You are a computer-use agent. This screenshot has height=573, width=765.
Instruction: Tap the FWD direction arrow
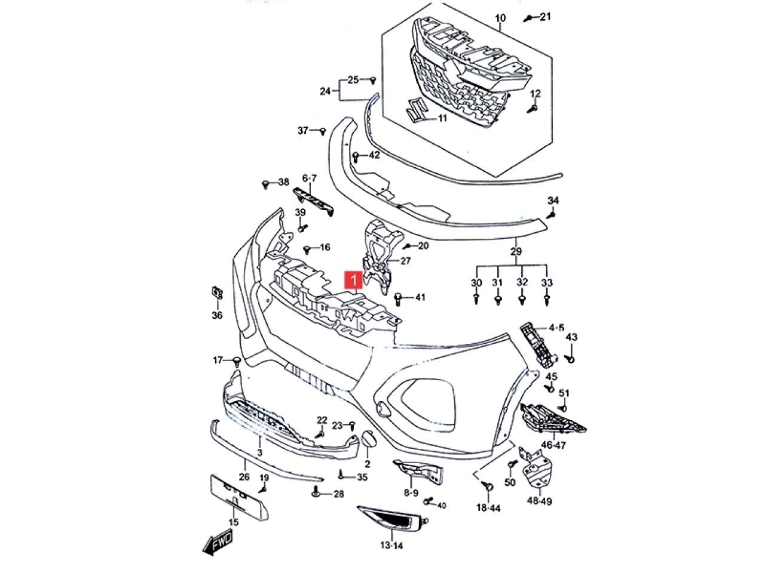click(x=218, y=542)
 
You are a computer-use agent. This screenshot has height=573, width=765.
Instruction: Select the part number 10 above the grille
click(x=500, y=19)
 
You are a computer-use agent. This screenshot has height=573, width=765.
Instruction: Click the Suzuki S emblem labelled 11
click(x=414, y=111)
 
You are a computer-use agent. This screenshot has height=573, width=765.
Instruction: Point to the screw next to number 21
click(x=528, y=18)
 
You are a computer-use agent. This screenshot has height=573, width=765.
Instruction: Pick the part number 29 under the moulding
click(x=516, y=251)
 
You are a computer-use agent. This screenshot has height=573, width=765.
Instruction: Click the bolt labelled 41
click(x=399, y=297)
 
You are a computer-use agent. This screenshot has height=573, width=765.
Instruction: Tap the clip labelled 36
click(x=217, y=293)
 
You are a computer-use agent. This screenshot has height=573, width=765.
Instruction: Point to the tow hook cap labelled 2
click(x=367, y=440)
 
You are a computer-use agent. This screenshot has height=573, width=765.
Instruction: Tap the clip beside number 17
click(x=237, y=361)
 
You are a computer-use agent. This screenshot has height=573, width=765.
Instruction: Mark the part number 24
click(x=325, y=91)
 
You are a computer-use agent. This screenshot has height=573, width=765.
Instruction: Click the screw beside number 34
click(x=553, y=212)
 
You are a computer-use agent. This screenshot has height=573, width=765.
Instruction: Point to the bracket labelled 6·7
click(x=313, y=201)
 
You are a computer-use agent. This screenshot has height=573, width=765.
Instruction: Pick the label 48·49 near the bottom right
click(x=540, y=501)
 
